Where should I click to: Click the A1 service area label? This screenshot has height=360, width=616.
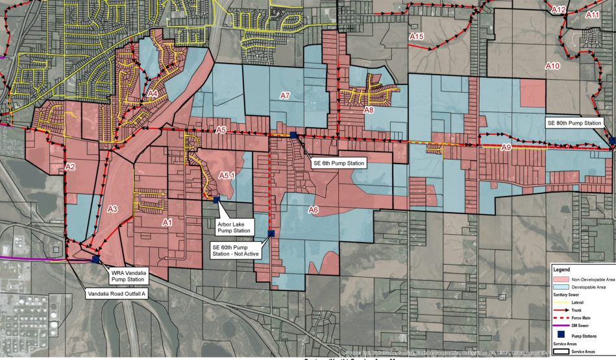(167, 222)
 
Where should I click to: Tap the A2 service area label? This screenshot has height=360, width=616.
(71, 167)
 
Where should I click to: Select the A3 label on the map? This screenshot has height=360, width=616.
(112, 209)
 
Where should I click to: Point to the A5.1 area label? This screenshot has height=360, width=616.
(227, 174)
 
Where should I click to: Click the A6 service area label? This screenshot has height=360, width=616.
(313, 210)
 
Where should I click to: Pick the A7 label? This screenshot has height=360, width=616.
(284, 96)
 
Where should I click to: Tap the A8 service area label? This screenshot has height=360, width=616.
(368, 110)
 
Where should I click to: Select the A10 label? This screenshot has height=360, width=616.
(552, 66)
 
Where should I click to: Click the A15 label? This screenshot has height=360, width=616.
(416, 36)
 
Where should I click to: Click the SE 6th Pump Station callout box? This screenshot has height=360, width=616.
(338, 163)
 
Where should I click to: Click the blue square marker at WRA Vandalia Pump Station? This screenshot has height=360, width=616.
(96, 259)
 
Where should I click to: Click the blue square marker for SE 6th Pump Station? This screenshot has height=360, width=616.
(294, 135)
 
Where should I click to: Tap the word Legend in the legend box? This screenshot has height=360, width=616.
(561, 269)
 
